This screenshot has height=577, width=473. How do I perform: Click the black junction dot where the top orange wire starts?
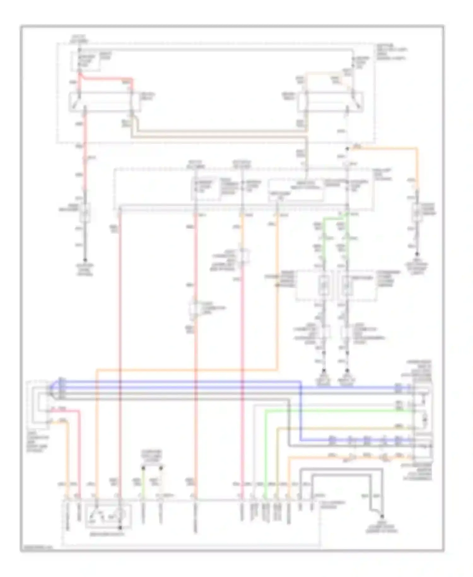[347, 148]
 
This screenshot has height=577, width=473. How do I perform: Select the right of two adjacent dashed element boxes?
[356, 285]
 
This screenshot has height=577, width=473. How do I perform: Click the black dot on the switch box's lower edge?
[120, 528]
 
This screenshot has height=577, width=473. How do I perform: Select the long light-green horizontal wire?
[337, 411]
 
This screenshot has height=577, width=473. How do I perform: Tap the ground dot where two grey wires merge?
[382, 516]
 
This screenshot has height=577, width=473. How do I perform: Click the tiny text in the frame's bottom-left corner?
[36, 548]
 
